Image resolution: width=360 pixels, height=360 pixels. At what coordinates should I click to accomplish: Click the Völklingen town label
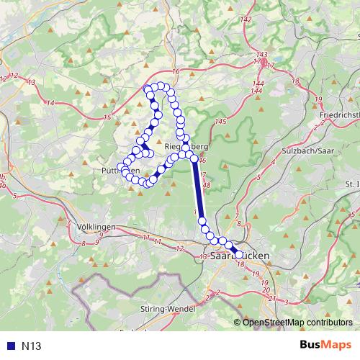pyautogui.click(x=96, y=227)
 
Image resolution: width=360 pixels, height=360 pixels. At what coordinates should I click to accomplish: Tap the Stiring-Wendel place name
pyautogui.click(x=163, y=309)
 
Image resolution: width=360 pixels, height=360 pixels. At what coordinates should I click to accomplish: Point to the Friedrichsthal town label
pyautogui.click(x=338, y=115)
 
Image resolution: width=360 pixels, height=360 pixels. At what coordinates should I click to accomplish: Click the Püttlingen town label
pyautogui.click(x=119, y=171)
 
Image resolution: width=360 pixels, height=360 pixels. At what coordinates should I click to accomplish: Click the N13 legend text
pyautogui.click(x=31, y=346)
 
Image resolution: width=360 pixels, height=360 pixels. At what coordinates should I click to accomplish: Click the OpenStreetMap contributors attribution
pyautogui.click(x=295, y=322)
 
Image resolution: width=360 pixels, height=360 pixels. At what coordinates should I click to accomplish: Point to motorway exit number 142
pyautogui.click(x=247, y=19)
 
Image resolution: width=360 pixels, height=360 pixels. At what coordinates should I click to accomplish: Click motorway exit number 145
pyautogui.click(x=220, y=121)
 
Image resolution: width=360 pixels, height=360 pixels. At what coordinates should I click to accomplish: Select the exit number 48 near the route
pyautogui.click(x=206, y=186)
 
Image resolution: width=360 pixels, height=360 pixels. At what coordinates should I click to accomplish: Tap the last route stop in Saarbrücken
pyautogui.click(x=239, y=254)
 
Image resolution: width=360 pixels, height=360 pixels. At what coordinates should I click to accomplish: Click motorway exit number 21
pyautogui.click(x=271, y=297)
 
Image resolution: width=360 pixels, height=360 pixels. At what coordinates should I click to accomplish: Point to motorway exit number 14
pyautogui.click(x=50, y=103)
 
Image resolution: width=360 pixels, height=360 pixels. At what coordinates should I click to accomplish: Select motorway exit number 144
pyautogui.click(x=257, y=90)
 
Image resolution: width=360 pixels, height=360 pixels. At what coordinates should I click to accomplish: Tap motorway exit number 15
pyautogui.click(x=107, y=117)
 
